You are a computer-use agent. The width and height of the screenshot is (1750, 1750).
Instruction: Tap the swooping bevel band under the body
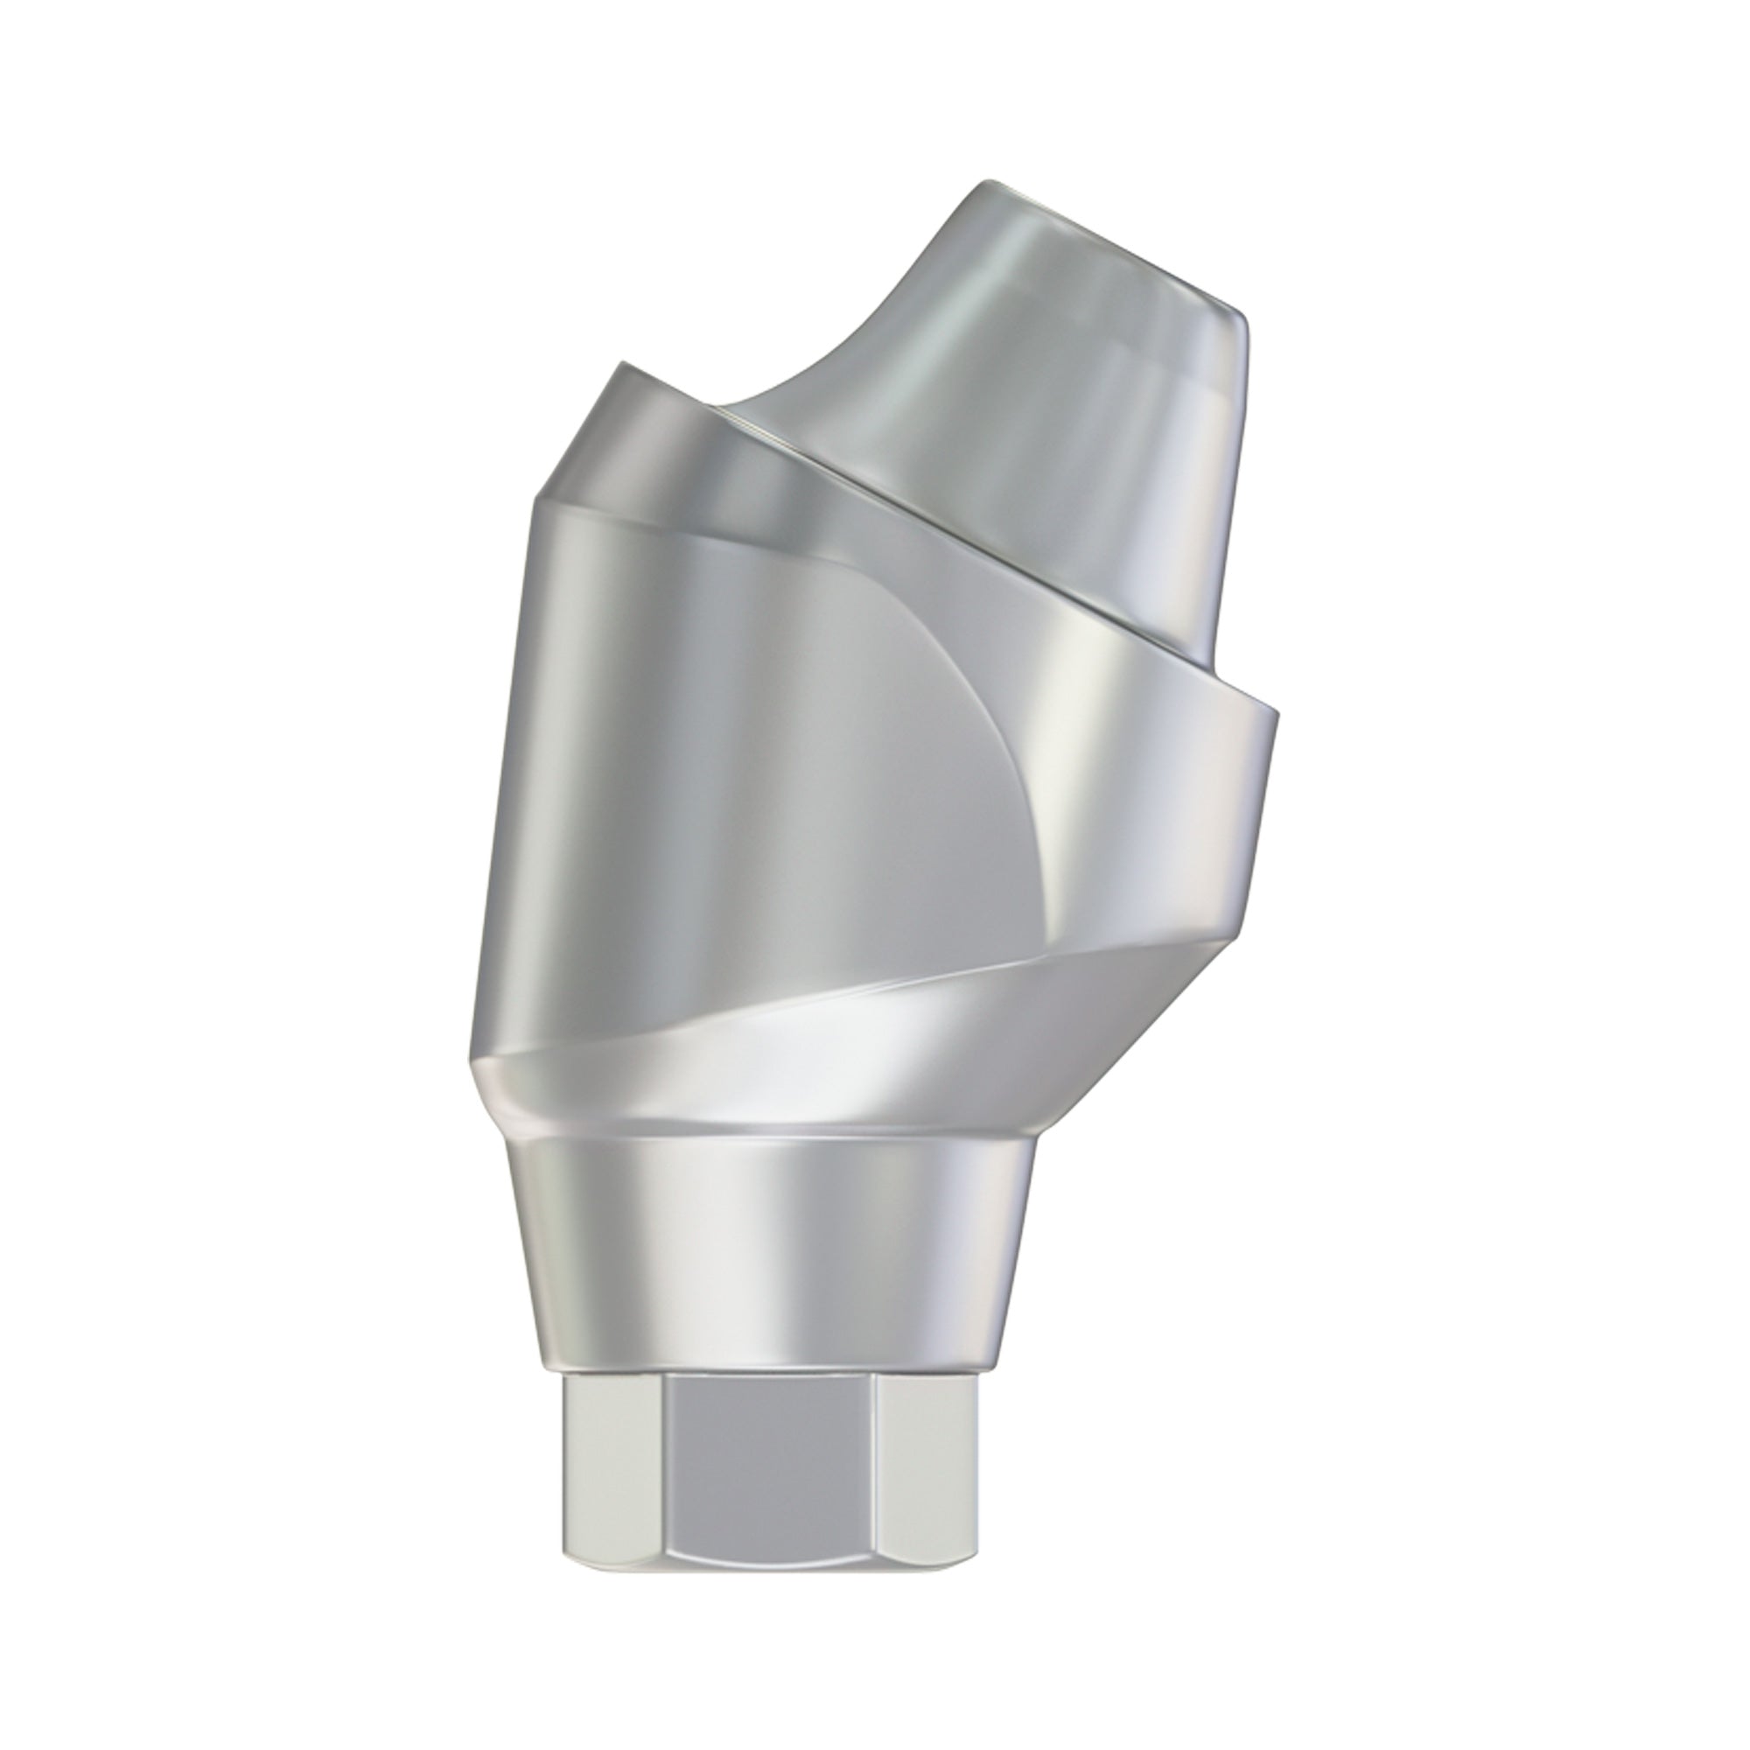point(815,1069)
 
